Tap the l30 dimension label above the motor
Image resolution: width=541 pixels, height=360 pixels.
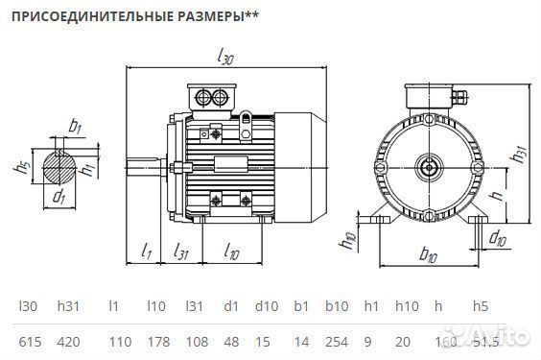225,58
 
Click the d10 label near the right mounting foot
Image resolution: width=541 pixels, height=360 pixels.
499,237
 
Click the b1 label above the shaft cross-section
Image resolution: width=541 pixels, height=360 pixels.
76,125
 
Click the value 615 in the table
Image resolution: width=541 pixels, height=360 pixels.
28,342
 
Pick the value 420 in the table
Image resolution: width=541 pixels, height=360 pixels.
68,342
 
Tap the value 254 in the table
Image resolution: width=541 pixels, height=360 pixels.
336,342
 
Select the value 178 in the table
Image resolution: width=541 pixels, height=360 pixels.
156,342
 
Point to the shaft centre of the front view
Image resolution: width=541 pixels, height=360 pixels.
428,167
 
